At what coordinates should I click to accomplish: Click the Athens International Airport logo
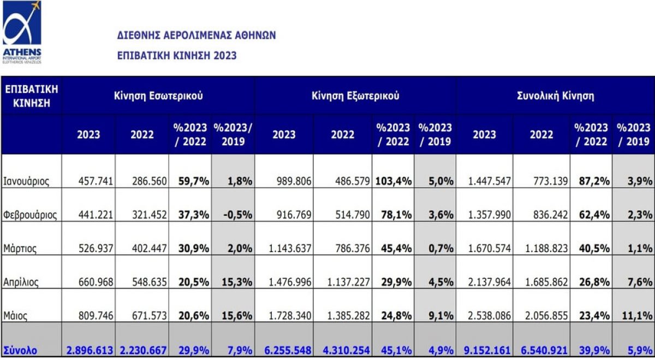point(22,32)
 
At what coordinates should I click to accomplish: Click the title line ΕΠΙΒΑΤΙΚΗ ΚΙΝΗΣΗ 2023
point(177,56)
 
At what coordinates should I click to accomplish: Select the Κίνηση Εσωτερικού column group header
point(158,96)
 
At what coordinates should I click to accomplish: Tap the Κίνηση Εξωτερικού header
point(355,96)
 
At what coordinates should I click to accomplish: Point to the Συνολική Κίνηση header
point(555,96)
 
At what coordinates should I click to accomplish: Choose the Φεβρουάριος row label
point(30,215)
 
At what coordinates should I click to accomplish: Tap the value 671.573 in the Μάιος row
point(148,315)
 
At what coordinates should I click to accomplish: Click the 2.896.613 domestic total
point(90,350)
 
